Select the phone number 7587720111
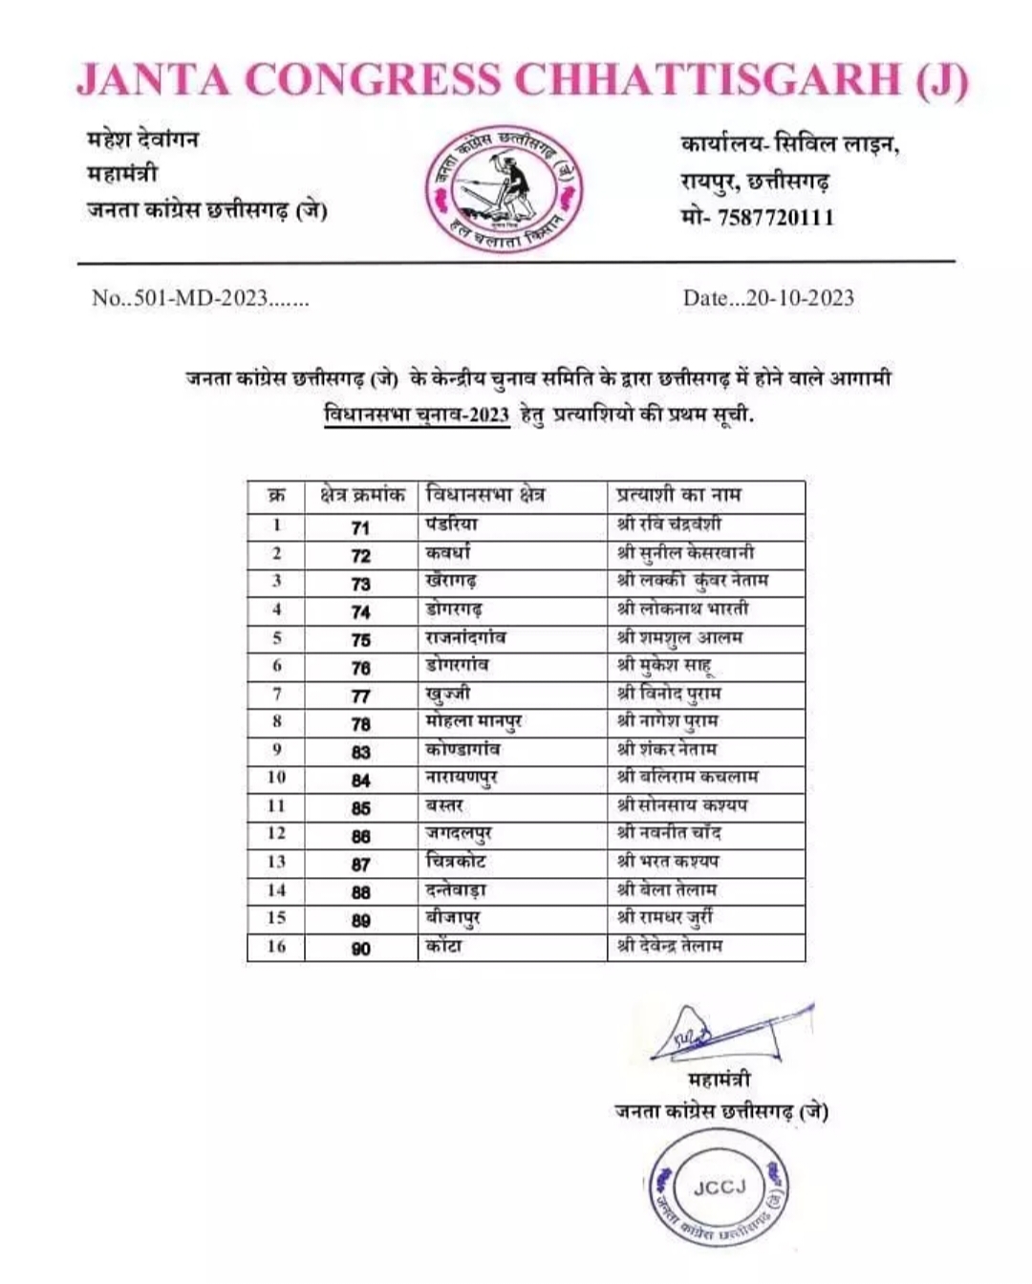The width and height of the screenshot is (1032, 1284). click(776, 218)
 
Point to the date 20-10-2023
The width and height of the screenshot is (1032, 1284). click(800, 298)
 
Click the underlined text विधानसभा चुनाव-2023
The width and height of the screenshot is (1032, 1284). click(417, 417)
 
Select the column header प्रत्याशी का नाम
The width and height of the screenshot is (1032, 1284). click(679, 495)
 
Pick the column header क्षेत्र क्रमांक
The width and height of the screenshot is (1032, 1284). click(361, 495)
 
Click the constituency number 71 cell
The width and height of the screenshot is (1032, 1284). click(360, 527)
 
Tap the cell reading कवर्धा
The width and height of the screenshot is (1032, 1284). click(448, 553)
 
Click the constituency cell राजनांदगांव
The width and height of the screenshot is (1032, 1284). click(465, 636)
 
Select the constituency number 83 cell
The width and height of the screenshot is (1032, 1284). click(360, 752)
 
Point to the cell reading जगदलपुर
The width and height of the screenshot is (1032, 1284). click(459, 834)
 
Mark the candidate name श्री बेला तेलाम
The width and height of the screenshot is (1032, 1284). click(667, 889)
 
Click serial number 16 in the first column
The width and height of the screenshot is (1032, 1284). click(276, 946)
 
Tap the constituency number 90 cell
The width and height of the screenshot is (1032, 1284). click(360, 949)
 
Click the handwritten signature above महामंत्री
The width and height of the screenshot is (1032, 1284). click(726, 1031)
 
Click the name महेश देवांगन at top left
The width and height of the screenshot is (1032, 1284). click(143, 139)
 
